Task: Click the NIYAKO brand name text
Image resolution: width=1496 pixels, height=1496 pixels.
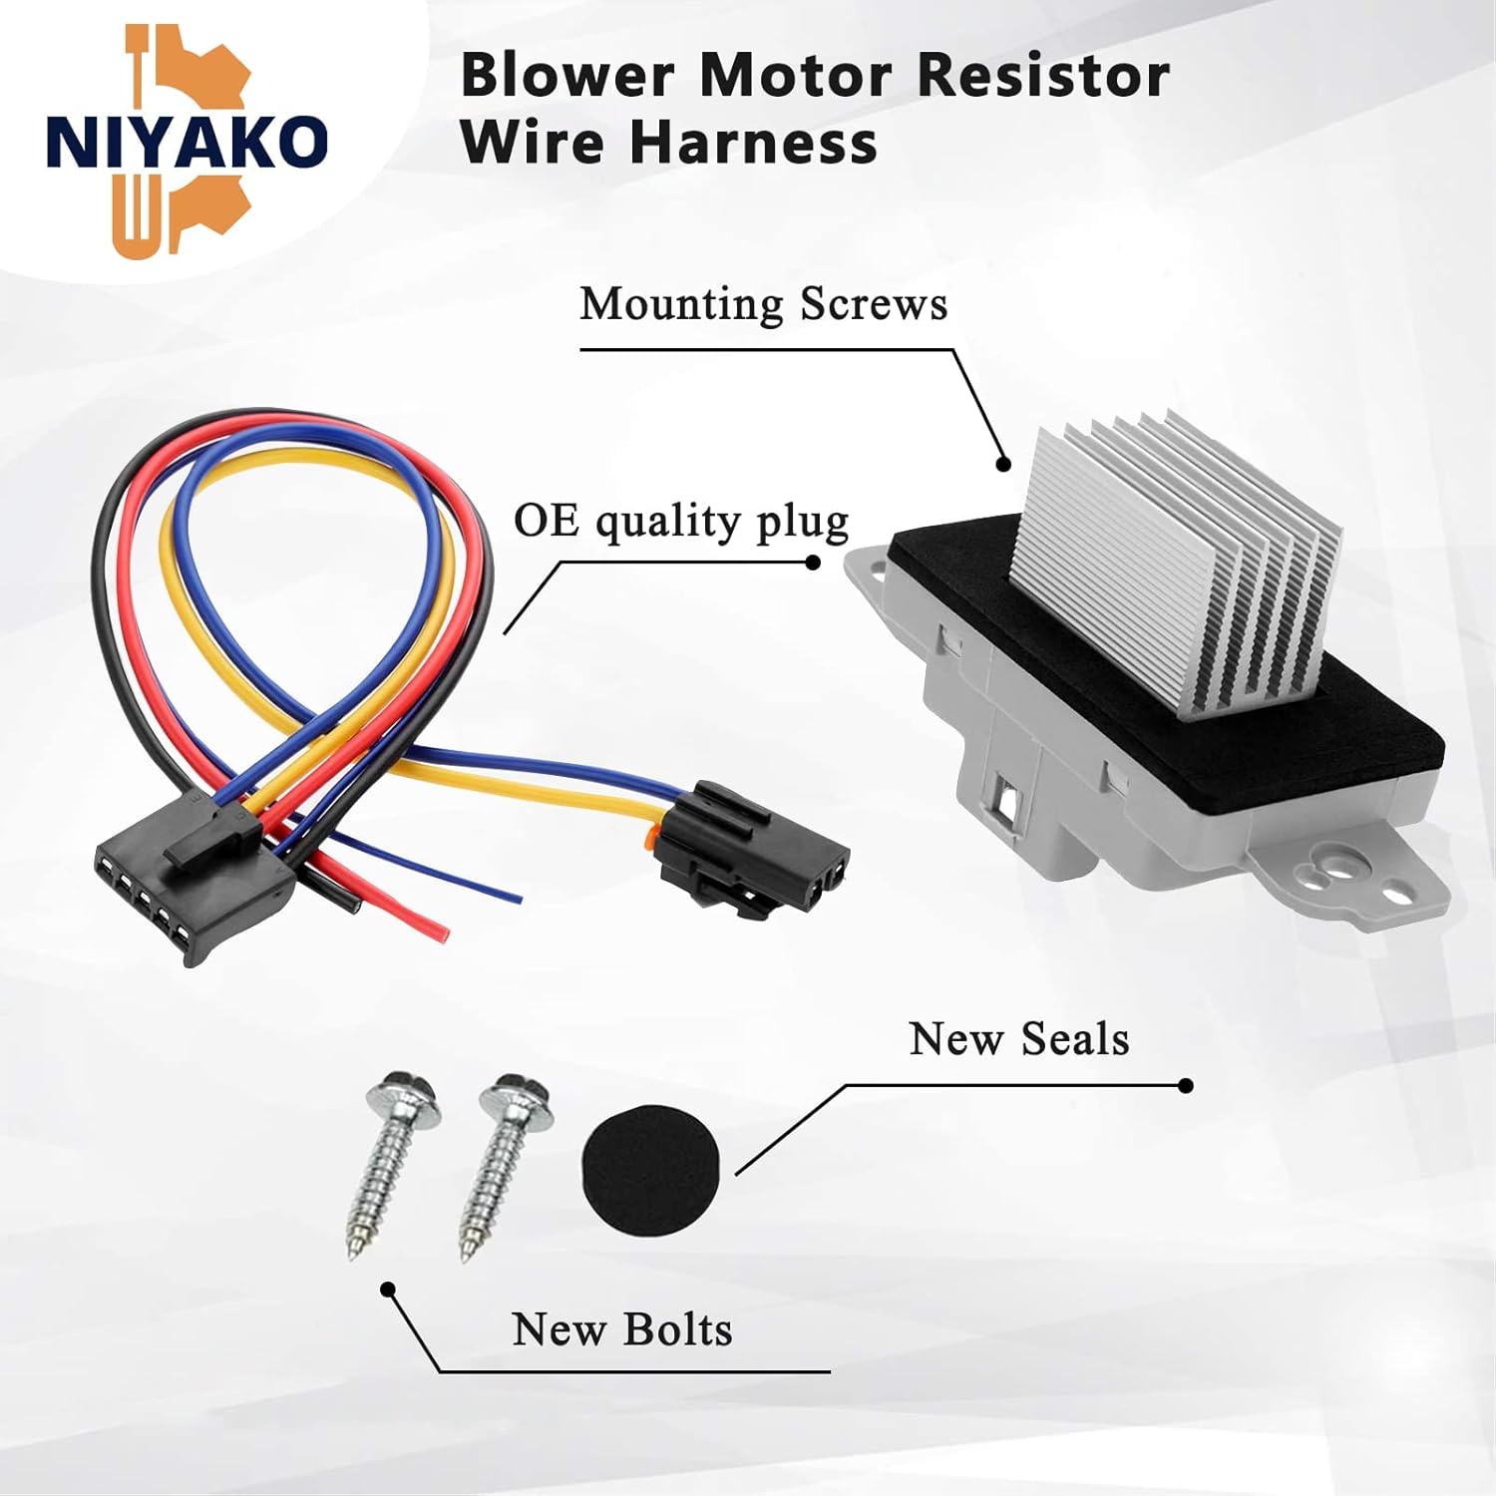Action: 187,142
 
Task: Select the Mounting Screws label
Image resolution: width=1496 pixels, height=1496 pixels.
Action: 763,304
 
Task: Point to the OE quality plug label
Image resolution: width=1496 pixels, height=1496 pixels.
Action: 681,521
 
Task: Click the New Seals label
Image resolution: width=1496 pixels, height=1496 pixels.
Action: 1018,1039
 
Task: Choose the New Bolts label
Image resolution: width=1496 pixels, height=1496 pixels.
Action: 621,1329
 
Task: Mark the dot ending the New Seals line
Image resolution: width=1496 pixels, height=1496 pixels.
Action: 1186,1086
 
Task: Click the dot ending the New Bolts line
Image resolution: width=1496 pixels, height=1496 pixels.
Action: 389,1290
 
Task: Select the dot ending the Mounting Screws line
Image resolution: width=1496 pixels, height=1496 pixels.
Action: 1004,464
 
